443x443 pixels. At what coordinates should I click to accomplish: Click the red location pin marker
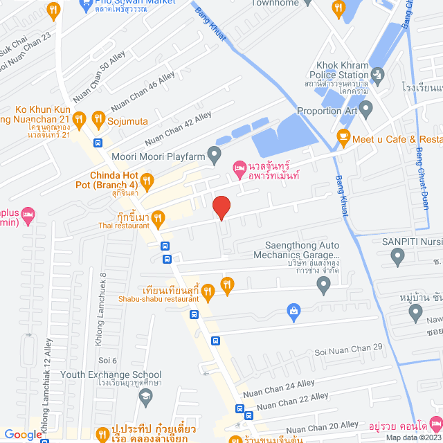[x=221, y=208]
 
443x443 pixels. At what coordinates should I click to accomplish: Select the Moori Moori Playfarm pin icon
[x=215, y=153]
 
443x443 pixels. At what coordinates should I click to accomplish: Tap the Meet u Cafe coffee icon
[x=342, y=138]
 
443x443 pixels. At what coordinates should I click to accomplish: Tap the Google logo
[x=23, y=435]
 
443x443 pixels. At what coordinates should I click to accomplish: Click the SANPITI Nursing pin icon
[x=397, y=257]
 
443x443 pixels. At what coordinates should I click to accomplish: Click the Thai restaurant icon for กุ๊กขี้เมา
[x=158, y=220]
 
